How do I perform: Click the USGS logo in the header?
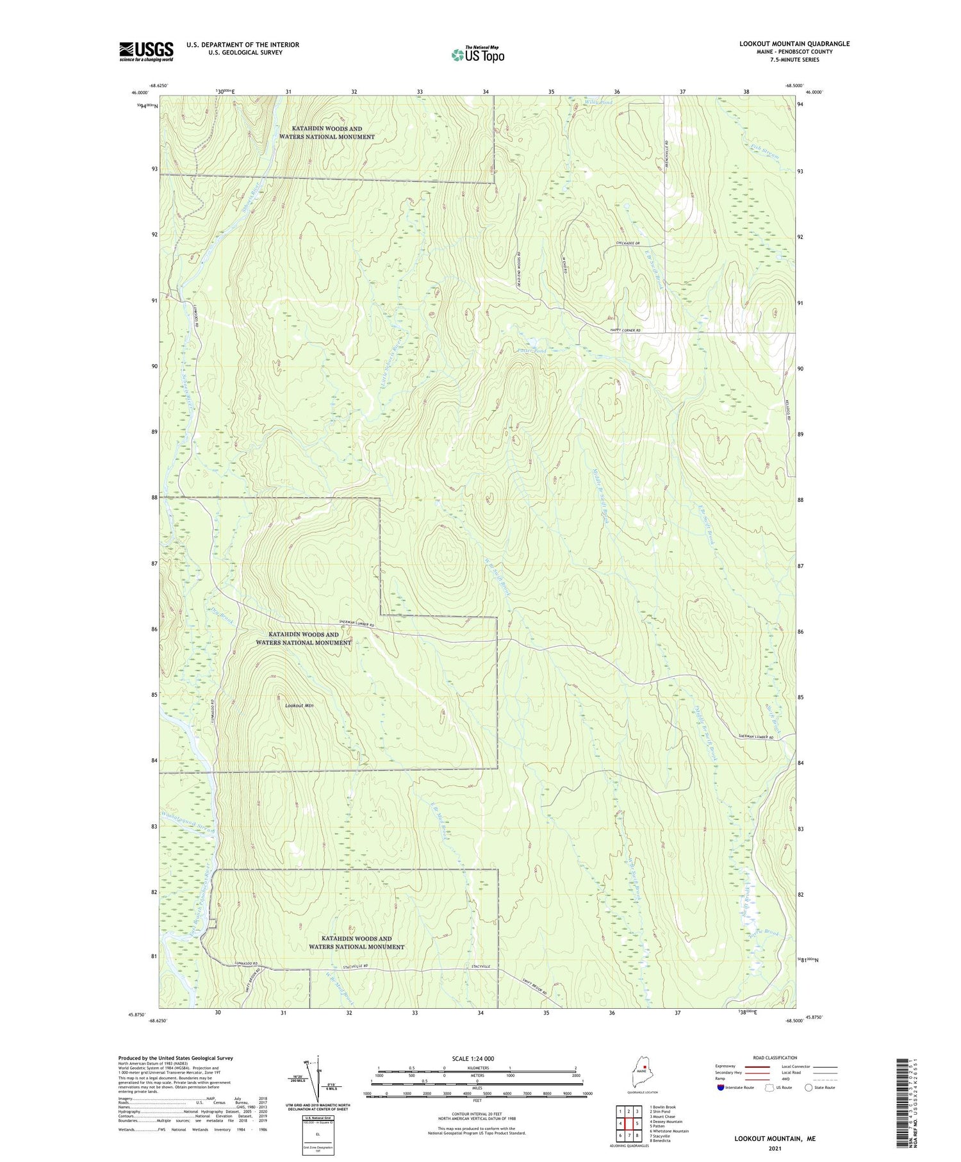[146, 51]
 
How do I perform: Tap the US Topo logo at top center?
[478, 54]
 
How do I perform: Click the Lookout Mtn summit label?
[299, 706]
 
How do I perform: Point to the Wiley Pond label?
[598, 103]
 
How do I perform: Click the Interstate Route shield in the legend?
[720, 1087]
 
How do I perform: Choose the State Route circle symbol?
[809, 1087]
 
